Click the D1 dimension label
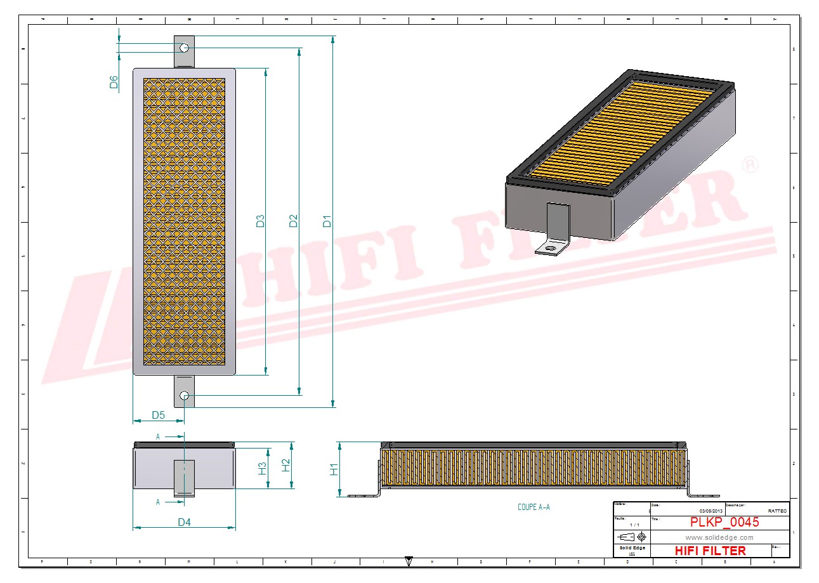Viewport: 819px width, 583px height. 327,221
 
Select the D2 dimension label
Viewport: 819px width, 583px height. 293,221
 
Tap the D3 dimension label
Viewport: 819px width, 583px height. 260,221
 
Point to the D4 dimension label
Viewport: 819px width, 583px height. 184,522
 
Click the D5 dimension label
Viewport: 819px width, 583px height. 158,415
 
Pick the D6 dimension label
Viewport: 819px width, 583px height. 114,82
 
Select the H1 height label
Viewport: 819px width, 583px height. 334,469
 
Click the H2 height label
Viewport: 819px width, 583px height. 285,465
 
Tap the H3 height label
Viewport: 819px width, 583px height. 262,469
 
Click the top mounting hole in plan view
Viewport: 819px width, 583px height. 184,48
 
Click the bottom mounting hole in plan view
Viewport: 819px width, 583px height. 184,396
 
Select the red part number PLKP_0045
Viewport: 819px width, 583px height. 724,522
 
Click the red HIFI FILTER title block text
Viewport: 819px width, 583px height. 711,550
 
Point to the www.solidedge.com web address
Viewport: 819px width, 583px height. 719,537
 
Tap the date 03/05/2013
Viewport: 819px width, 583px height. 711,511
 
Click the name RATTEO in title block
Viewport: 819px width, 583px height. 777,511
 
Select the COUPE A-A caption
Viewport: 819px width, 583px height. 534,508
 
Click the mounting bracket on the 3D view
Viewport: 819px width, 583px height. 556,228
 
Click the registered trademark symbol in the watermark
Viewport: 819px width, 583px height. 750,165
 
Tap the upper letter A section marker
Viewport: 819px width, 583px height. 158,436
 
